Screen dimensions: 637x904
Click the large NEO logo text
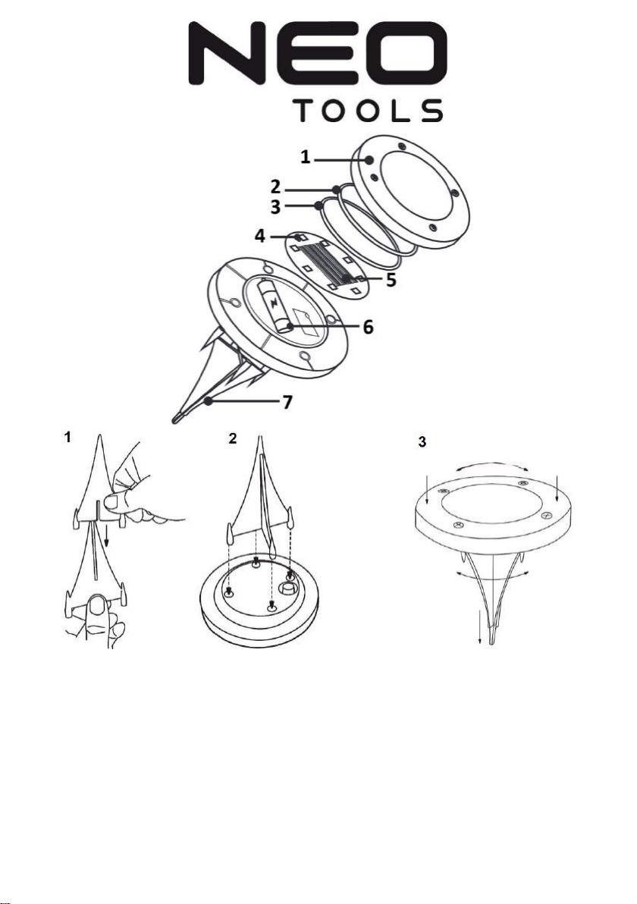pos(318,51)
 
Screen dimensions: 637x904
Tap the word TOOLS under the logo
pos(369,111)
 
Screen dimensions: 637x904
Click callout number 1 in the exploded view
pos(304,157)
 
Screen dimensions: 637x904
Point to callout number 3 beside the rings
pos(278,206)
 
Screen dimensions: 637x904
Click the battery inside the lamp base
pos(274,306)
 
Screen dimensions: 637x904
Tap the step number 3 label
pos(422,442)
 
